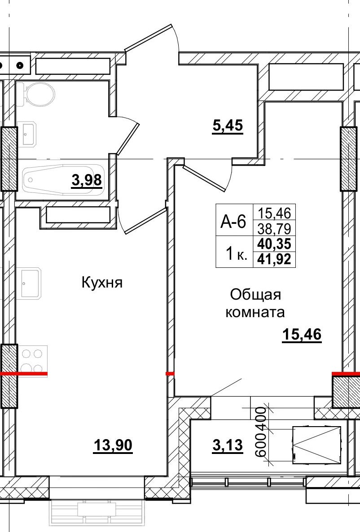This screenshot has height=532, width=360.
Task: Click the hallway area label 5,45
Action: tap(228, 126)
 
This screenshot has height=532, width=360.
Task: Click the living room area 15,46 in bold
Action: tap(302, 335)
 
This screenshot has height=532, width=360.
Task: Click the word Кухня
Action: tap(102, 283)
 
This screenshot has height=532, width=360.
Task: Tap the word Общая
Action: tap(255, 295)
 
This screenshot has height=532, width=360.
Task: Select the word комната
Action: tap(255, 312)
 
